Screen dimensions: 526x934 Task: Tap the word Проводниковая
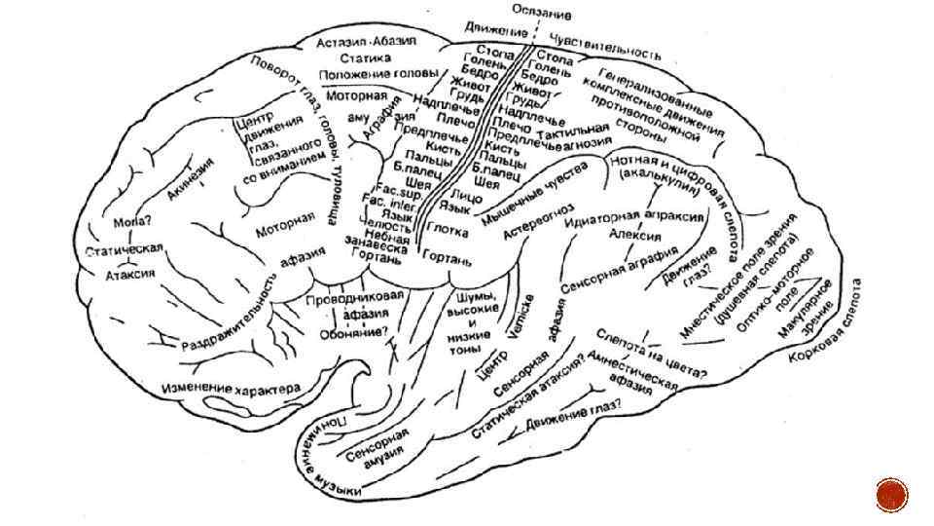354,297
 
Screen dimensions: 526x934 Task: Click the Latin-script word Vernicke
515,314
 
